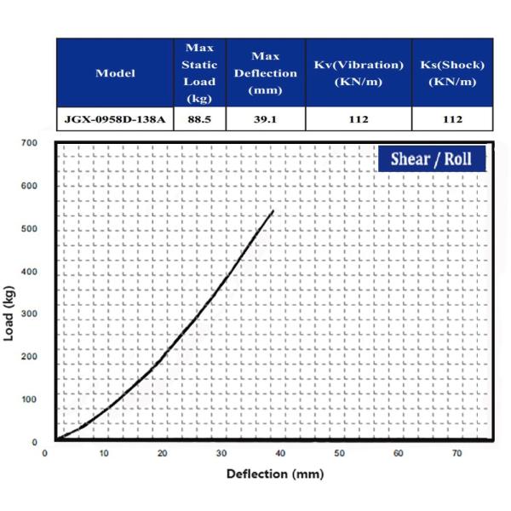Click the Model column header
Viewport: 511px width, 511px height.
tap(116, 73)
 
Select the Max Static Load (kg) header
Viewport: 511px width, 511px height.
tap(200, 73)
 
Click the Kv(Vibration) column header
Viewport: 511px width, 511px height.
tap(358, 73)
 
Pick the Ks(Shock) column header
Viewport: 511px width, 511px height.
tap(453, 73)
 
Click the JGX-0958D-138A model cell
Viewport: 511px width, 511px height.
tap(116, 119)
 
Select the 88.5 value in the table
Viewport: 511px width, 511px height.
tap(200, 119)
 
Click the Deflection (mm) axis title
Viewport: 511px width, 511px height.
tap(275, 474)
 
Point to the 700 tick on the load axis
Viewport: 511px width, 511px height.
tap(30, 143)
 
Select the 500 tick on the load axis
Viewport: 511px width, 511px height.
tap(30, 229)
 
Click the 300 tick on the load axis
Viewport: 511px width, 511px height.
tap(30, 314)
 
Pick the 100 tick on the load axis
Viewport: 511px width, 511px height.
tap(30, 399)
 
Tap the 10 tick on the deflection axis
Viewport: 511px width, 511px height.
tap(104, 453)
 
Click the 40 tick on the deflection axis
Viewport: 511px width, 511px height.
tap(280, 453)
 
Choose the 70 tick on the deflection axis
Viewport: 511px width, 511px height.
tap(456, 453)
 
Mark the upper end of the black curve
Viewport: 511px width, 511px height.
tap(273, 210)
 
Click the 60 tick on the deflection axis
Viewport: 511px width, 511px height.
tap(398, 453)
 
